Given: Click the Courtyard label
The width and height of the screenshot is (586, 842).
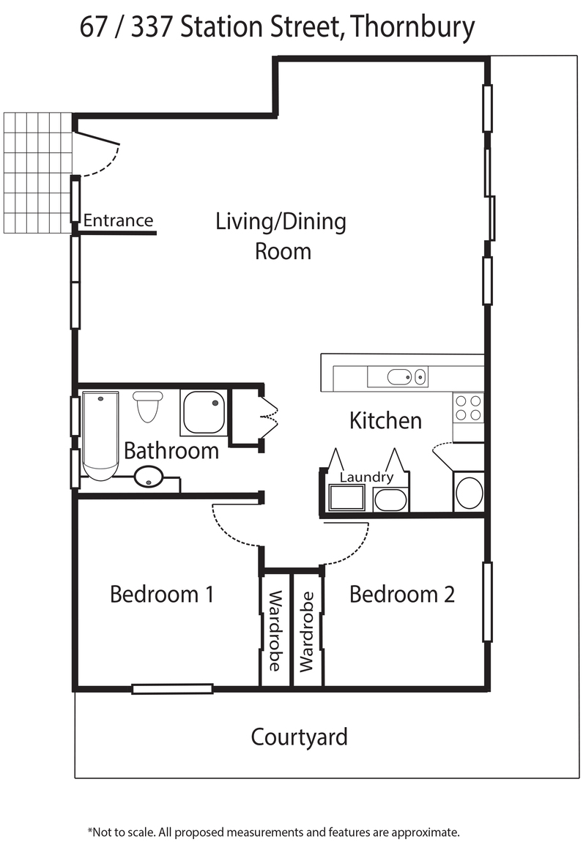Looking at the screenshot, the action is pos(299,738).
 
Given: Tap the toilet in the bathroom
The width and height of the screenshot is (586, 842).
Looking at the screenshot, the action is pos(148,406).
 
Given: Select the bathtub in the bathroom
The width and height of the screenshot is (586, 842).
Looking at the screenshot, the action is pos(100,436).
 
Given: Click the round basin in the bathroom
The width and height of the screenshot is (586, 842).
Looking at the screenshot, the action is pos(148,477).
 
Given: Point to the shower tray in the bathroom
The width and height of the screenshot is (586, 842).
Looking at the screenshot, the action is pos(204,412).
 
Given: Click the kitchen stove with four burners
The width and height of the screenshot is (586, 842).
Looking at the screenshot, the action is pos(468,408).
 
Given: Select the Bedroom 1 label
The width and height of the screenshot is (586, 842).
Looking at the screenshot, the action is pos(162,595).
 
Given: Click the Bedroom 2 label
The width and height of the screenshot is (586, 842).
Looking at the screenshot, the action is pos(402,595).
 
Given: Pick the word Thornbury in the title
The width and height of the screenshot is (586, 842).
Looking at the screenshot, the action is pos(412,27).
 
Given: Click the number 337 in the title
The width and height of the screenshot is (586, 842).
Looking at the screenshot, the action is pos(153,27).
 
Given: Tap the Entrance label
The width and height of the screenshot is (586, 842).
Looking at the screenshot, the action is pos(118,220).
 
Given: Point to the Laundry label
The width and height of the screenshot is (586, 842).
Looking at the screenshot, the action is pos(366,477).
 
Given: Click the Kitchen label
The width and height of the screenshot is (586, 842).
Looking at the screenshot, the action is pos(385,420).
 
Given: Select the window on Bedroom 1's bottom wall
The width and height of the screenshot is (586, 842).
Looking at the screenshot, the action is pos(172,688).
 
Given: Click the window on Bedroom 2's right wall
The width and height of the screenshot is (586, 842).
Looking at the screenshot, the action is pos(487,601).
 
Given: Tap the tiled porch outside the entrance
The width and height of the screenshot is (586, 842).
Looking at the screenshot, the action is pos(37,173).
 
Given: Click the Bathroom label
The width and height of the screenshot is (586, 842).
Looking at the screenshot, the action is pos(171,450).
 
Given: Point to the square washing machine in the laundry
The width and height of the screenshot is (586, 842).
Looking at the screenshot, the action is pos(346,498).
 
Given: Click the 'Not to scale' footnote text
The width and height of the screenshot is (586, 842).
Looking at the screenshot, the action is pos(273,832).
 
